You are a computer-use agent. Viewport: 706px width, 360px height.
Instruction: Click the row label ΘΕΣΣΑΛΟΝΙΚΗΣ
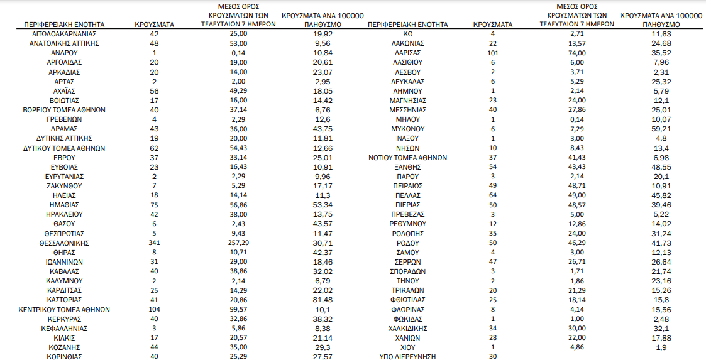[x=64, y=243]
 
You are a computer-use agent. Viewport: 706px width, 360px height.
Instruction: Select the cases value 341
[x=154, y=243]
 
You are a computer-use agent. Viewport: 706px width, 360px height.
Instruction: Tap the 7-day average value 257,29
[x=239, y=243]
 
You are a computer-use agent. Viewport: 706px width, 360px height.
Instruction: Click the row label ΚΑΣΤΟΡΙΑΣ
[x=64, y=300]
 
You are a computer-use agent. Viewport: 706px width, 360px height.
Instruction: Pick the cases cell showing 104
[x=154, y=309]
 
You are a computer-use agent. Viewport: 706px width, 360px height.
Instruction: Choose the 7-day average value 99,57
[x=239, y=309]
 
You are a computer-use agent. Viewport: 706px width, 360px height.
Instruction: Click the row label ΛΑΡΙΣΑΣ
[x=407, y=53]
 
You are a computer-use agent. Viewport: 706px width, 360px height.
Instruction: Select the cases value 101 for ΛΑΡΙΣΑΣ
[x=493, y=53]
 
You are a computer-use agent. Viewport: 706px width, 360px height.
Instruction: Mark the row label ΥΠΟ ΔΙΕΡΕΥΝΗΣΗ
[x=407, y=357]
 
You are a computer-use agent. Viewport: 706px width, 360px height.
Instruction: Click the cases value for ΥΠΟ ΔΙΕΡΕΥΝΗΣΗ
[x=493, y=357]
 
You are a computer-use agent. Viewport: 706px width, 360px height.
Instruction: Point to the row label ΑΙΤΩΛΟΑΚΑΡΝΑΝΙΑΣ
[x=64, y=34]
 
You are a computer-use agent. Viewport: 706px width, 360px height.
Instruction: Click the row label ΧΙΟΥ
[x=407, y=347]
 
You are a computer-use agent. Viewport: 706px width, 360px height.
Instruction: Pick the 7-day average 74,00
[x=576, y=53]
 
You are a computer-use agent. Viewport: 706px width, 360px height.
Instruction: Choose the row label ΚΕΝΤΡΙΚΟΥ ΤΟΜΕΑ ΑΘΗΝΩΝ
[x=64, y=309]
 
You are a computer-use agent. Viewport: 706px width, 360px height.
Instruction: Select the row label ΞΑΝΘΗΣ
[x=407, y=167]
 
